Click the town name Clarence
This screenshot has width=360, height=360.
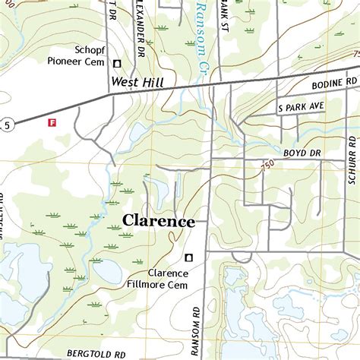click(x=159, y=222)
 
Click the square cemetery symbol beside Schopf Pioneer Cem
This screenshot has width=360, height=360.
click(x=118, y=64)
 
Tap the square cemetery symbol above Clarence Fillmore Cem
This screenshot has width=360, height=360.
click(x=188, y=257)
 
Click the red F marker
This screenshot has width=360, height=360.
click(x=52, y=122)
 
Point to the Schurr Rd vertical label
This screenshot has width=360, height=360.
click(x=352, y=162)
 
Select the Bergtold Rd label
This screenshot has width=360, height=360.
click(x=96, y=353)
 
